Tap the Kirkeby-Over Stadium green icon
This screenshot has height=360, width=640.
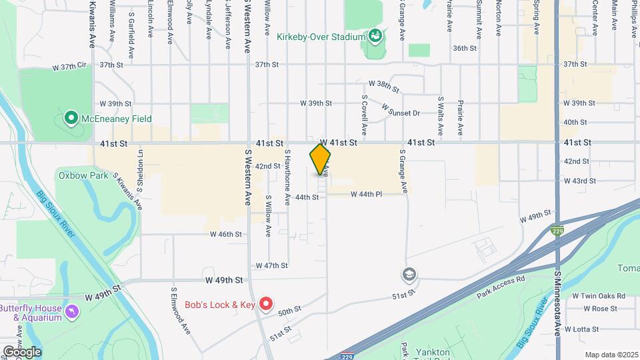375,36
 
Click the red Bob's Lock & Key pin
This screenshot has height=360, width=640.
266,305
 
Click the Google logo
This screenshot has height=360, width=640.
22,351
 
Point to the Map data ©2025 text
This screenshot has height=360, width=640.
611,355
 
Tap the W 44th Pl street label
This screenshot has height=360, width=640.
366,194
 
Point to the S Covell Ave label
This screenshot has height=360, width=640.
365,114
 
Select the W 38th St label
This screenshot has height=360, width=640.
383,86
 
